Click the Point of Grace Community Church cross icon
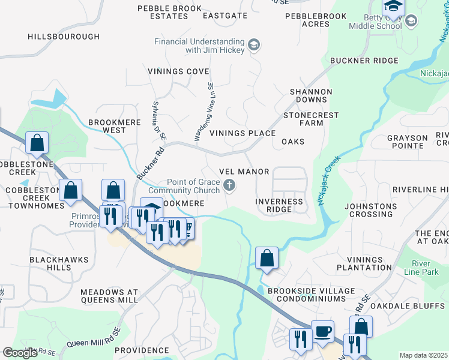point(229,186)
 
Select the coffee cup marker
point(322,332)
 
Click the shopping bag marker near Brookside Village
point(267,259)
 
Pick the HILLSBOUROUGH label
point(64,37)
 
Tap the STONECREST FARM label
point(311,119)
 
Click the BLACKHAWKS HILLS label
point(59,264)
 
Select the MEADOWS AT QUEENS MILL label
point(109,296)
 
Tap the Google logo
point(20,353)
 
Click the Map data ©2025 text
point(423,355)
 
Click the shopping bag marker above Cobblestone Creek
point(37,143)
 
